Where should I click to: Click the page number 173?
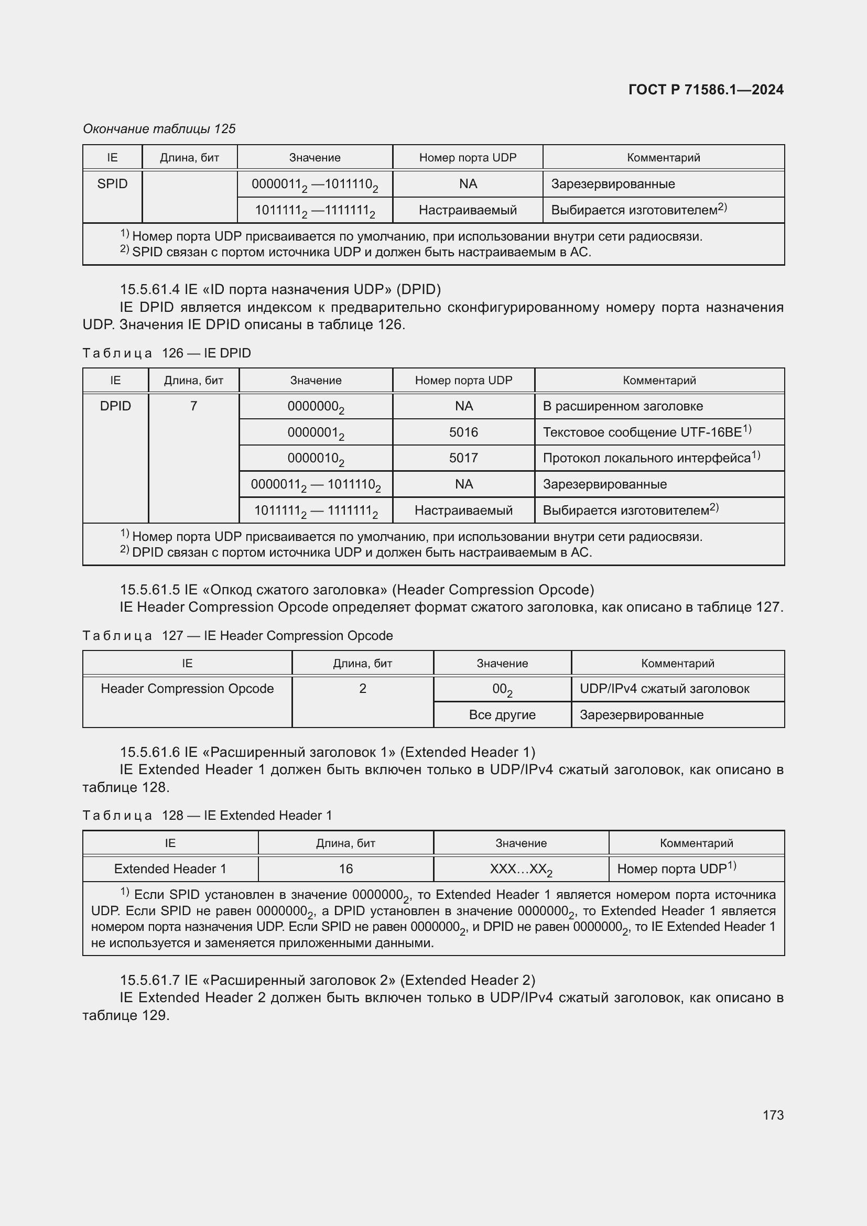[x=773, y=1115]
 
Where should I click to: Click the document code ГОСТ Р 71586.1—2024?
[x=705, y=90]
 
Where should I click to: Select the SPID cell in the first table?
[x=112, y=184]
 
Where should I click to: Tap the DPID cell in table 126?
[x=115, y=406]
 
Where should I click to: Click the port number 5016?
[x=463, y=432]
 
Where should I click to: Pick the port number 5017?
[x=463, y=458]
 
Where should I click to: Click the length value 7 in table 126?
[x=193, y=406]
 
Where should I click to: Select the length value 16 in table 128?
[x=345, y=869]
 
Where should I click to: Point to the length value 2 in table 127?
[x=363, y=689]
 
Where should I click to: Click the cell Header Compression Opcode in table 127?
[x=187, y=689]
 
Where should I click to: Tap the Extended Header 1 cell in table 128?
[x=170, y=869]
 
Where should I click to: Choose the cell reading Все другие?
[x=502, y=715]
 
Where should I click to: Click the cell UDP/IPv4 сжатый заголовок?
[x=664, y=689]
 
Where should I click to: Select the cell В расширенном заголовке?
[x=623, y=406]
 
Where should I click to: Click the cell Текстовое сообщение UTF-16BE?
[x=646, y=432]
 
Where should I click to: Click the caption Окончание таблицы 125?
[x=159, y=129]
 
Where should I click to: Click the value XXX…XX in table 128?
[x=521, y=869]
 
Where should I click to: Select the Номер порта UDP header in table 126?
[x=463, y=380]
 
